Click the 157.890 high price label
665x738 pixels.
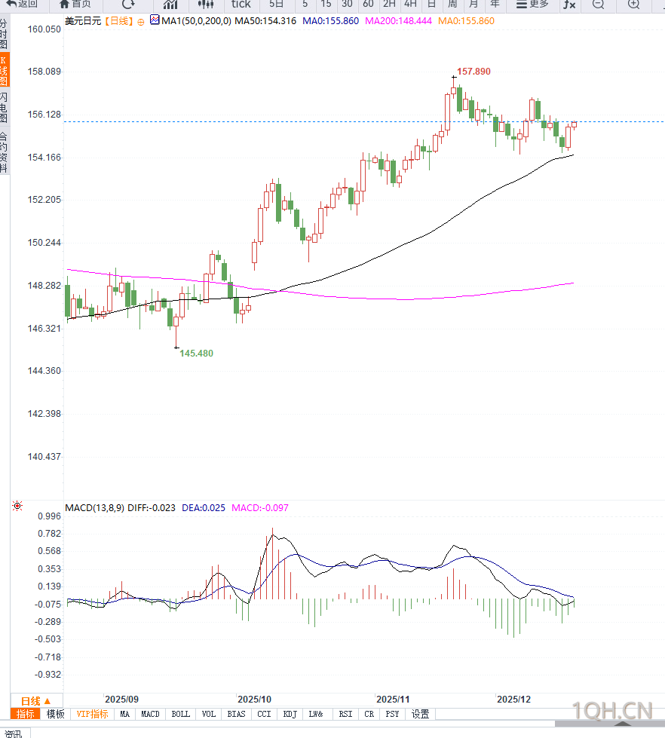473,72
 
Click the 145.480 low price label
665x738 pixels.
196,354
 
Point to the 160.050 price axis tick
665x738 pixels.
44,29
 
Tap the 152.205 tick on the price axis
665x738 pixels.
44,200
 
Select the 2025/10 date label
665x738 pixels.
253,700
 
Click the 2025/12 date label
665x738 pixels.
513,700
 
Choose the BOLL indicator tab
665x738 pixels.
181,714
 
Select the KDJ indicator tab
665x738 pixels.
290,714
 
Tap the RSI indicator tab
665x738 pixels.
345,714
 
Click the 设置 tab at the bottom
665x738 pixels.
420,714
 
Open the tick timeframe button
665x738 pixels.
241,4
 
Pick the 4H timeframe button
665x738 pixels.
410,4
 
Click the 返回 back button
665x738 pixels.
23,4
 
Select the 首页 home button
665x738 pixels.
75,4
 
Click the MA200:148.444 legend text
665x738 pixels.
398,20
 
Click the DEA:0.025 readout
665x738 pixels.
204,507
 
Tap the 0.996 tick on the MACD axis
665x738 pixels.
48,516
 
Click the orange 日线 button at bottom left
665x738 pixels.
35,701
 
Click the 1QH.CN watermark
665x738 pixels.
611,710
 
